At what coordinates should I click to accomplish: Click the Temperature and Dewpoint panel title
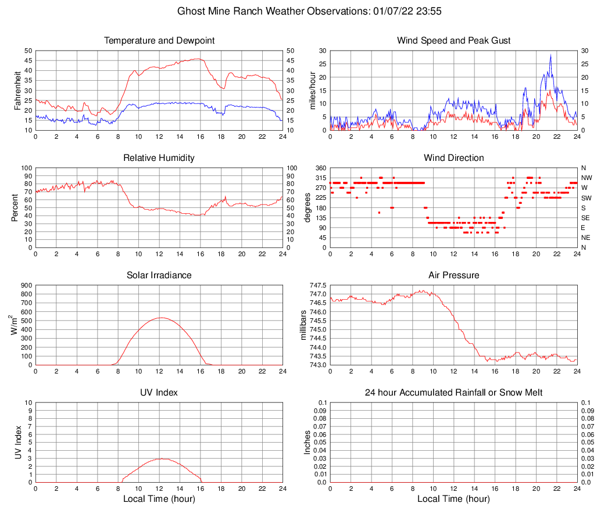coord(159,41)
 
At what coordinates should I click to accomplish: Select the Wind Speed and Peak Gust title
coord(453,41)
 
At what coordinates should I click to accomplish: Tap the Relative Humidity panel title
coord(159,158)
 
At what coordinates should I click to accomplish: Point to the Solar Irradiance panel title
coord(159,275)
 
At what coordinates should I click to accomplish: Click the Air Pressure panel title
coord(453,275)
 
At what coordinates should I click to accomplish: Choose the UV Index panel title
coord(159,393)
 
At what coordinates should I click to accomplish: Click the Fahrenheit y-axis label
coord(17,90)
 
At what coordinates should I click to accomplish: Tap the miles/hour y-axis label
coord(312,90)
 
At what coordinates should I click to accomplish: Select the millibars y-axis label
coord(303,325)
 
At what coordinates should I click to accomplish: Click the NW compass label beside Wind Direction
coord(587,178)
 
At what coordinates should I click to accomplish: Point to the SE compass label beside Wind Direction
coord(586,218)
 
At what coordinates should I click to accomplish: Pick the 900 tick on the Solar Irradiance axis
coord(26,286)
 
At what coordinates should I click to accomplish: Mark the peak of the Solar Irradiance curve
coord(160,318)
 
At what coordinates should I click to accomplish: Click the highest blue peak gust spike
coord(550,56)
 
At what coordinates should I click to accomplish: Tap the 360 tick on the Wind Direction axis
coord(320,168)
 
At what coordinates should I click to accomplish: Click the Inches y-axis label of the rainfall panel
coord(308,443)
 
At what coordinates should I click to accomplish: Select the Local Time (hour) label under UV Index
coord(159,498)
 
